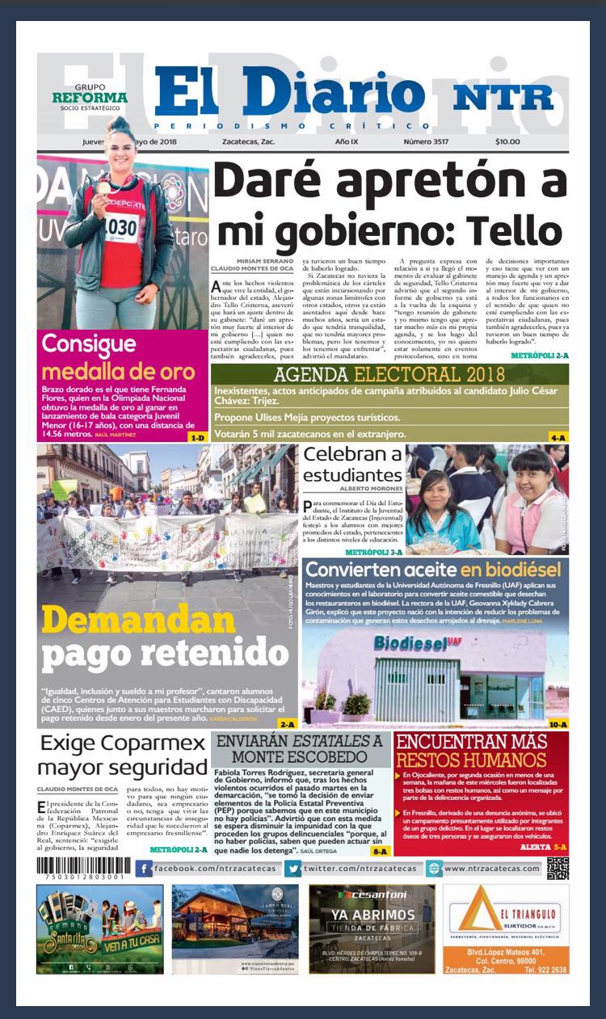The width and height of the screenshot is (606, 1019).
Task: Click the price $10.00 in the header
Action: pos(507,141)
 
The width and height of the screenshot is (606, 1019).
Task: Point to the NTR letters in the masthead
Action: pos(503,97)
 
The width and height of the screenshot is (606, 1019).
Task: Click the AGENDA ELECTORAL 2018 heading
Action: pos(389,374)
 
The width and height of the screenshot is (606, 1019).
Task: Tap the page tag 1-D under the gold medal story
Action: pos(197,437)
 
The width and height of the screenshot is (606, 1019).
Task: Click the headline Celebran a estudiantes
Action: pos(352,465)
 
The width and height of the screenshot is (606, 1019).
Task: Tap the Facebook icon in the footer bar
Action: pos(144,869)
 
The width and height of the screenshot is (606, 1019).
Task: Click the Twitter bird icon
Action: pos(293,869)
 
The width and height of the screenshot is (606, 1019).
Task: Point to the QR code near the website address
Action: pos(558,867)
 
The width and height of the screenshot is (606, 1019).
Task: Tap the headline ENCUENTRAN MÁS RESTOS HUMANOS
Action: pos(482,751)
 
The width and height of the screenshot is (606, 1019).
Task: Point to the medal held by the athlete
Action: pos(103,187)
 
